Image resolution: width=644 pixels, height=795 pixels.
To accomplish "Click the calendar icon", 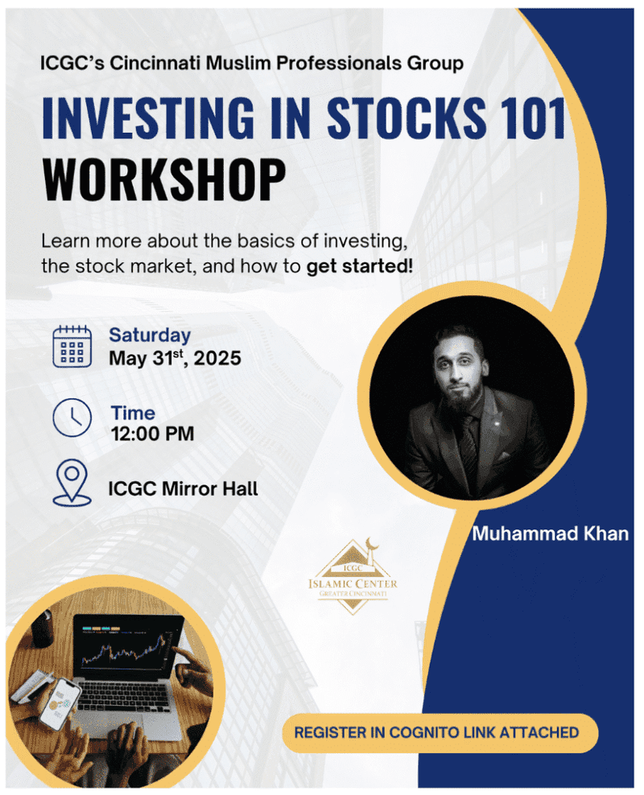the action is (72, 346).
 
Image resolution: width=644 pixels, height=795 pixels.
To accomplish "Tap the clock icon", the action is (72, 418).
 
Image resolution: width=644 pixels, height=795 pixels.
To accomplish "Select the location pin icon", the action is (72, 482).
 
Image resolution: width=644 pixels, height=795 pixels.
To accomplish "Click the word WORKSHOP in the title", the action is (164, 180).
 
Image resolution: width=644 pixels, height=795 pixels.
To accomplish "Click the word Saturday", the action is (150, 335).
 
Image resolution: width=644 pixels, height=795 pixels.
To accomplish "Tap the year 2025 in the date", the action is (217, 358).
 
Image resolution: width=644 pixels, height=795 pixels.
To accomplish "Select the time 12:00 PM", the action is (153, 434).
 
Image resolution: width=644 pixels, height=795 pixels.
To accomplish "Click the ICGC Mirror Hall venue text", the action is (183, 488).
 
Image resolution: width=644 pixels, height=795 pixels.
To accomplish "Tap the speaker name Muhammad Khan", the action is (550, 533).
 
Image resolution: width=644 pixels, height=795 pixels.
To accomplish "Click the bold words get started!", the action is (360, 266).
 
